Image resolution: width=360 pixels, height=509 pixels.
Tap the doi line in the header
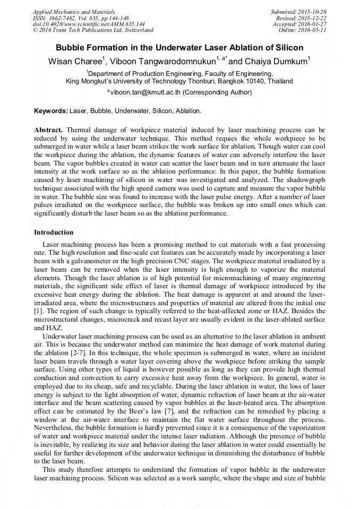(89, 24)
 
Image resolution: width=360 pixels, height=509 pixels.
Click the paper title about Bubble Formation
(179, 48)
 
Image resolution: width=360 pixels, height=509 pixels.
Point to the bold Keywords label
(51, 111)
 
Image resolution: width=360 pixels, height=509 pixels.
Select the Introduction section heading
(54, 232)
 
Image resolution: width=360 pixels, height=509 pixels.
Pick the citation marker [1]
(38, 309)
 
